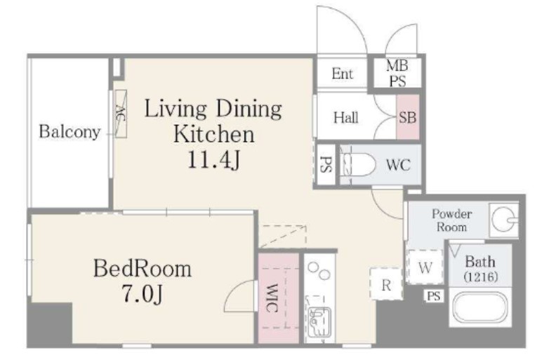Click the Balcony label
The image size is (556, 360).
click(x=69, y=132)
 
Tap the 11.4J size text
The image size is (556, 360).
click(x=213, y=160)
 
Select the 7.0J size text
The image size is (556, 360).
click(x=143, y=294)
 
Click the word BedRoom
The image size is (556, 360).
click(x=143, y=269)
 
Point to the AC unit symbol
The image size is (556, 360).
click(x=121, y=114)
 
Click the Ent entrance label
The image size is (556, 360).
click(x=342, y=74)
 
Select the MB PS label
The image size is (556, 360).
click(x=397, y=74)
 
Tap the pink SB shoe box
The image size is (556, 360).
click(x=408, y=117)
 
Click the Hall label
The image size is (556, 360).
click(x=345, y=117)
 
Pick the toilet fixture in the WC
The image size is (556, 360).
click(x=358, y=164)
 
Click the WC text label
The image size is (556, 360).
click(x=398, y=165)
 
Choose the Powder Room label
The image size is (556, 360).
click(x=451, y=220)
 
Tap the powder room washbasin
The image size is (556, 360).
click(x=504, y=220)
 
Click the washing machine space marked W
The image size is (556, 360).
click(x=425, y=267)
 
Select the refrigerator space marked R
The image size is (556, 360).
click(x=386, y=284)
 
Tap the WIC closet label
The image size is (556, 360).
click(x=272, y=298)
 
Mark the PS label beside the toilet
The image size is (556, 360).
click(x=326, y=164)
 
